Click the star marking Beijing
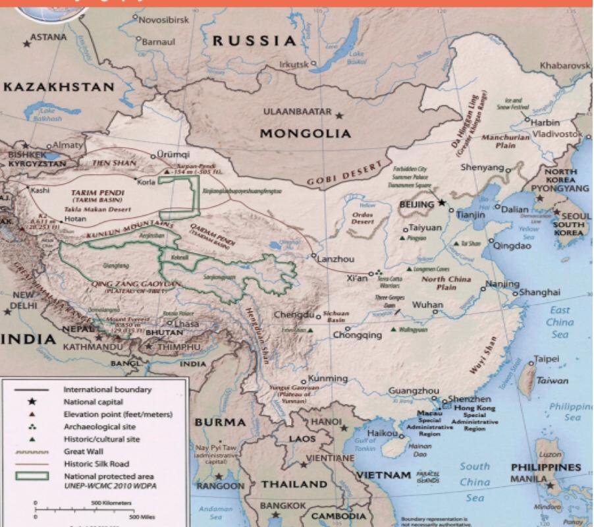point(443,202)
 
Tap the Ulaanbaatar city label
point(298,111)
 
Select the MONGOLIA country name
point(305,133)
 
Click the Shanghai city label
point(540,292)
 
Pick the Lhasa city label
point(186,323)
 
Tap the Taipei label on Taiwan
point(545,359)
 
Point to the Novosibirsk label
point(165,20)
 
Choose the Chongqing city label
point(357,335)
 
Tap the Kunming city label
point(327,379)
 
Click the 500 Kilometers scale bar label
point(111,503)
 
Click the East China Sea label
point(560,322)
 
